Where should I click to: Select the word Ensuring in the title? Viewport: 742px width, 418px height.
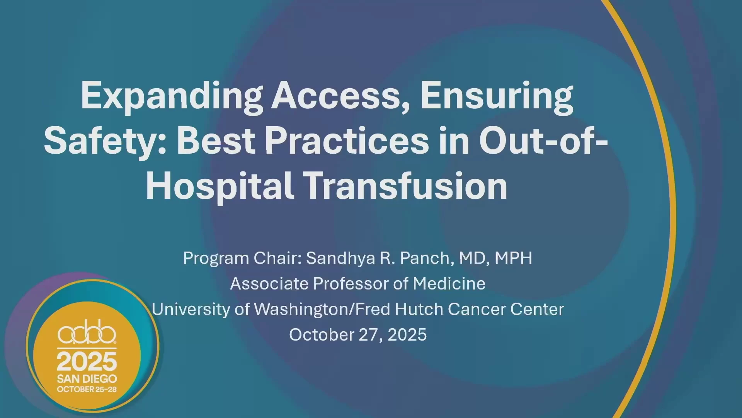pos(497,97)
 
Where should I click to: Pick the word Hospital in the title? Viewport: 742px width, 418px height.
pos(219,187)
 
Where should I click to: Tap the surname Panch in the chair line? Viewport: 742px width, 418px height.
pos(425,258)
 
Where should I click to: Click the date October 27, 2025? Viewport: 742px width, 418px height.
pos(358,335)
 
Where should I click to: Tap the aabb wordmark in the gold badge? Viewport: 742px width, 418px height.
pos(87,332)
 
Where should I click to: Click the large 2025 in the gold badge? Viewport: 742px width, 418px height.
pos(87,362)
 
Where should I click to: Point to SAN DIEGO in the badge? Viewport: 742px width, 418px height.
pos(87,379)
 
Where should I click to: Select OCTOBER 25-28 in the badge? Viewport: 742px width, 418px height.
pos(87,389)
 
